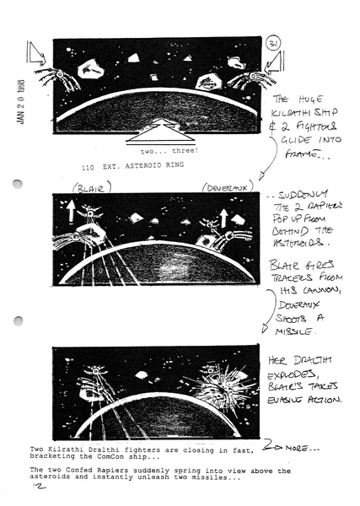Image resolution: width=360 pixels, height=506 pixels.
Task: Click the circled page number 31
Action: click(x=272, y=44)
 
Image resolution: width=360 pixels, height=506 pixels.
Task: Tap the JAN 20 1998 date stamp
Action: click(x=19, y=102)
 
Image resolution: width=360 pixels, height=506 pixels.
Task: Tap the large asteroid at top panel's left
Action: click(x=89, y=73)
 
